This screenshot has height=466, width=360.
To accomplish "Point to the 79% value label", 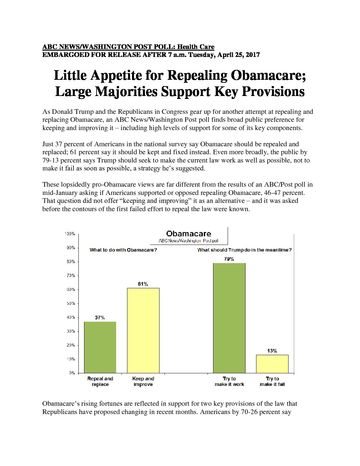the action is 229,259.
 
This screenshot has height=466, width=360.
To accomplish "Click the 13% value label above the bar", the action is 272,351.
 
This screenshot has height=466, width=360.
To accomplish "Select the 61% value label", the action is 143,284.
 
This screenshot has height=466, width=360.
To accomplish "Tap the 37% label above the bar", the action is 100,318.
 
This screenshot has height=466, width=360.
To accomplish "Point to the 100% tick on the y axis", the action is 70,234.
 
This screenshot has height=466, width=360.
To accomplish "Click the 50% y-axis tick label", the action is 71,303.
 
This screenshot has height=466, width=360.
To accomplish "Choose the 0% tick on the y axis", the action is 72,373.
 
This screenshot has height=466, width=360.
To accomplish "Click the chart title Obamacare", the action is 189,234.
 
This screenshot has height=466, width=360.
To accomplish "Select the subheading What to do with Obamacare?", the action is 123,250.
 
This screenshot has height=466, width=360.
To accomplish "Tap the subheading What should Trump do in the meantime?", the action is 245,250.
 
